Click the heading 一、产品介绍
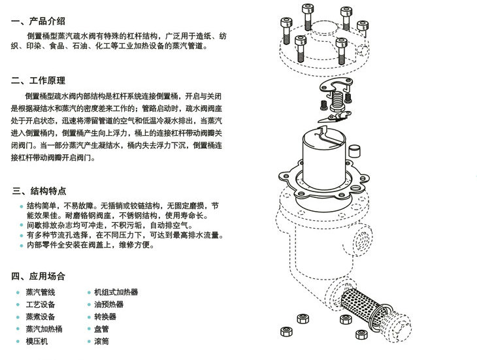click(38, 21)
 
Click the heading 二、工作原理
click(38, 80)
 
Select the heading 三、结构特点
click(39, 191)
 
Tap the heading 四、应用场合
click(38, 276)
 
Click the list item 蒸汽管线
click(41, 293)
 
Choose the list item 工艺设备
click(41, 304)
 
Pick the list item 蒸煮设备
click(41, 317)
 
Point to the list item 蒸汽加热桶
click(44, 329)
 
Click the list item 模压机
click(37, 341)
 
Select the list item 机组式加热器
click(116, 293)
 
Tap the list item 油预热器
click(108, 304)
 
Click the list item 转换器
click(105, 317)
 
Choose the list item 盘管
click(101, 329)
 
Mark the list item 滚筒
click(101, 341)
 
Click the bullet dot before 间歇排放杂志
click(22, 225)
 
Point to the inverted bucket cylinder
click(324, 158)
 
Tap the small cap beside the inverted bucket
click(354, 151)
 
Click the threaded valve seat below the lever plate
click(337, 101)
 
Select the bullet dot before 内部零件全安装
click(22, 245)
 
